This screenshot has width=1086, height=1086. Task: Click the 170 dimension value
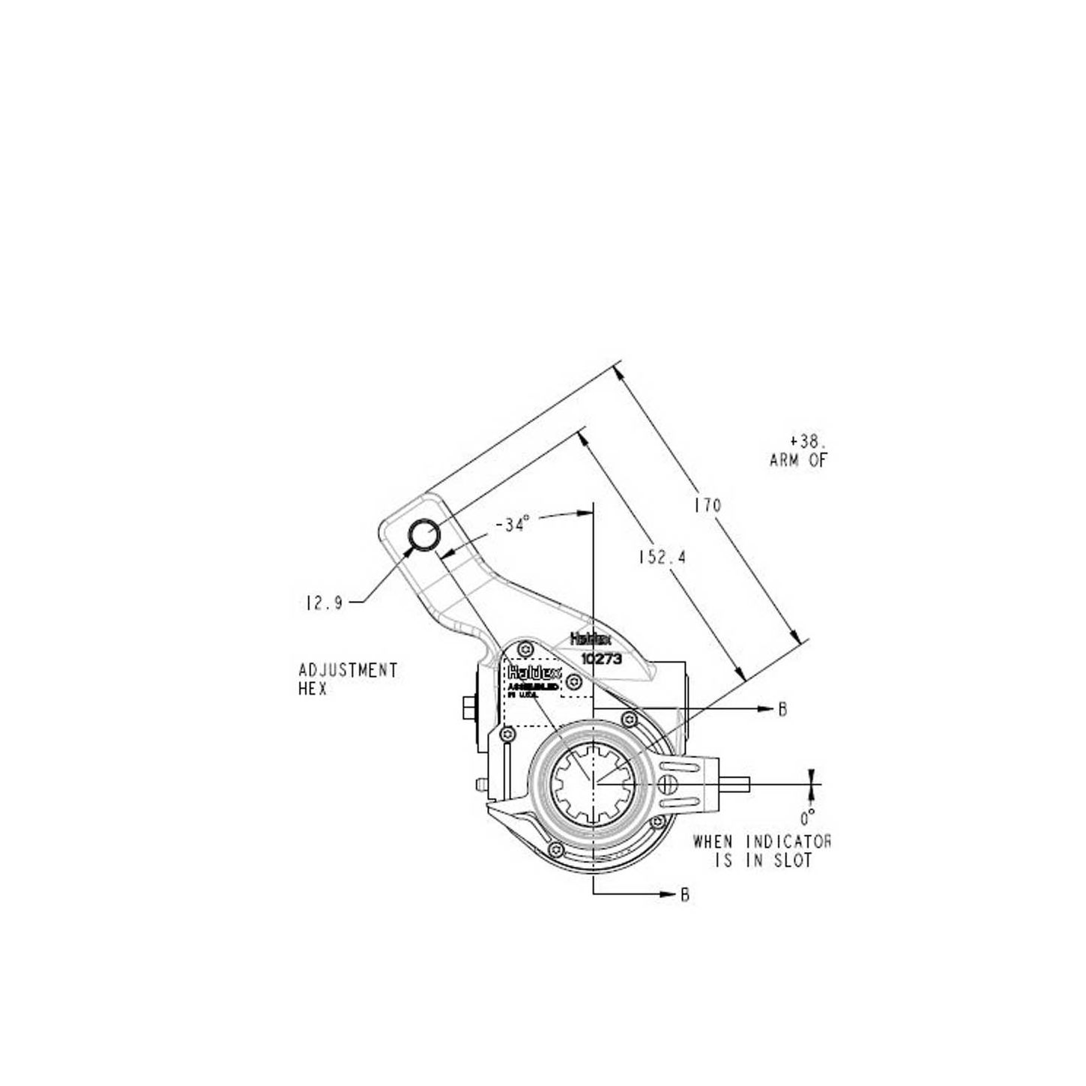coord(707,506)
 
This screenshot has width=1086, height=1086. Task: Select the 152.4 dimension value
coord(662,558)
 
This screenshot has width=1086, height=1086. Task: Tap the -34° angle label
coord(513,525)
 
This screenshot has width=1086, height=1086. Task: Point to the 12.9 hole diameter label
coord(324,603)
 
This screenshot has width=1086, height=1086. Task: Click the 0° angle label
coord(807,818)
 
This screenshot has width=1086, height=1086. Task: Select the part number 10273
coord(603,657)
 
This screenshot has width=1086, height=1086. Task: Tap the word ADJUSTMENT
coord(348,670)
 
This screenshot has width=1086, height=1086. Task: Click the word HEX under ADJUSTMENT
coord(313,689)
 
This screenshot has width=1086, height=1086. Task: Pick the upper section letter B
coord(782,709)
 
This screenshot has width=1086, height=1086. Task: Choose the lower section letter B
coord(684,895)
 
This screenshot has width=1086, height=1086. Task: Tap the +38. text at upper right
coord(806,441)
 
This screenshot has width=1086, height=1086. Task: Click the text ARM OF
coord(798,460)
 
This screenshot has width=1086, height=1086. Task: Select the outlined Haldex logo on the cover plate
coord(534,672)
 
